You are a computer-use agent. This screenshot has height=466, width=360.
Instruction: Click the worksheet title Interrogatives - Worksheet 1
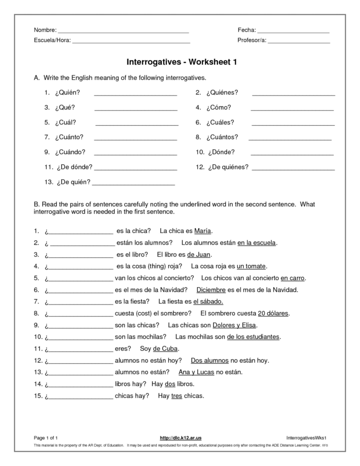click(181, 62)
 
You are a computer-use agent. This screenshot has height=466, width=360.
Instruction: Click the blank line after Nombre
click(123, 32)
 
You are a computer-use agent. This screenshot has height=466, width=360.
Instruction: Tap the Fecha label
click(246, 30)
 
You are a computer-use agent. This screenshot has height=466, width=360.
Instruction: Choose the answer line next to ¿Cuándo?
click(136, 155)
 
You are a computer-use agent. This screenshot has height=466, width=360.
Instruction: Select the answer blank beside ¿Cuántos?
click(290, 140)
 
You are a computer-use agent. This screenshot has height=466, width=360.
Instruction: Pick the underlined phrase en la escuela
click(257, 243)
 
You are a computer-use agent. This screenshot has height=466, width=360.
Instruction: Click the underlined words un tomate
click(252, 266)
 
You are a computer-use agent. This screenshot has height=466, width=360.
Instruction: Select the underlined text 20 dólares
click(273, 313)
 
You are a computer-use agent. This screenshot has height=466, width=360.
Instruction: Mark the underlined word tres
click(177, 396)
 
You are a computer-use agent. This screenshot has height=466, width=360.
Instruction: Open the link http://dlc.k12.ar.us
click(180, 438)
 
